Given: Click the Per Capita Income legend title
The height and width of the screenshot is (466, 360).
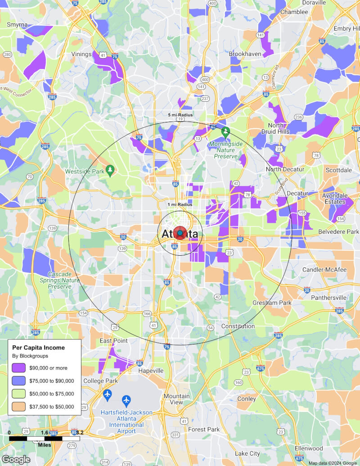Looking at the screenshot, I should coord(38,348).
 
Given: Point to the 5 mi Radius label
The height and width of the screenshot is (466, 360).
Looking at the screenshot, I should coord(180,115).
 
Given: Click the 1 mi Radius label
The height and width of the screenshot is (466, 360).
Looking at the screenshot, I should coord(180,204).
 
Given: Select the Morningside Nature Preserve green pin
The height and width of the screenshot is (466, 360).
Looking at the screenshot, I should coord(226,132).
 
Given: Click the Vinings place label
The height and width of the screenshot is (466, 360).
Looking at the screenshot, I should coord(81,54).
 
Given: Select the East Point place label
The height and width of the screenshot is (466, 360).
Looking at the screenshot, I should coord(113,341).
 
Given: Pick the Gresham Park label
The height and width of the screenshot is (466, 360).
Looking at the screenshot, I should coord(271,303).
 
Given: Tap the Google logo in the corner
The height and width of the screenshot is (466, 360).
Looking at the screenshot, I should coord(16,459).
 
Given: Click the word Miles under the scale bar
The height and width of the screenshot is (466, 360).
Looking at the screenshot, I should coord(44,445).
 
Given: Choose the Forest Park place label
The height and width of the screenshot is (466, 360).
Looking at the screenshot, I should coord(204,429).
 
